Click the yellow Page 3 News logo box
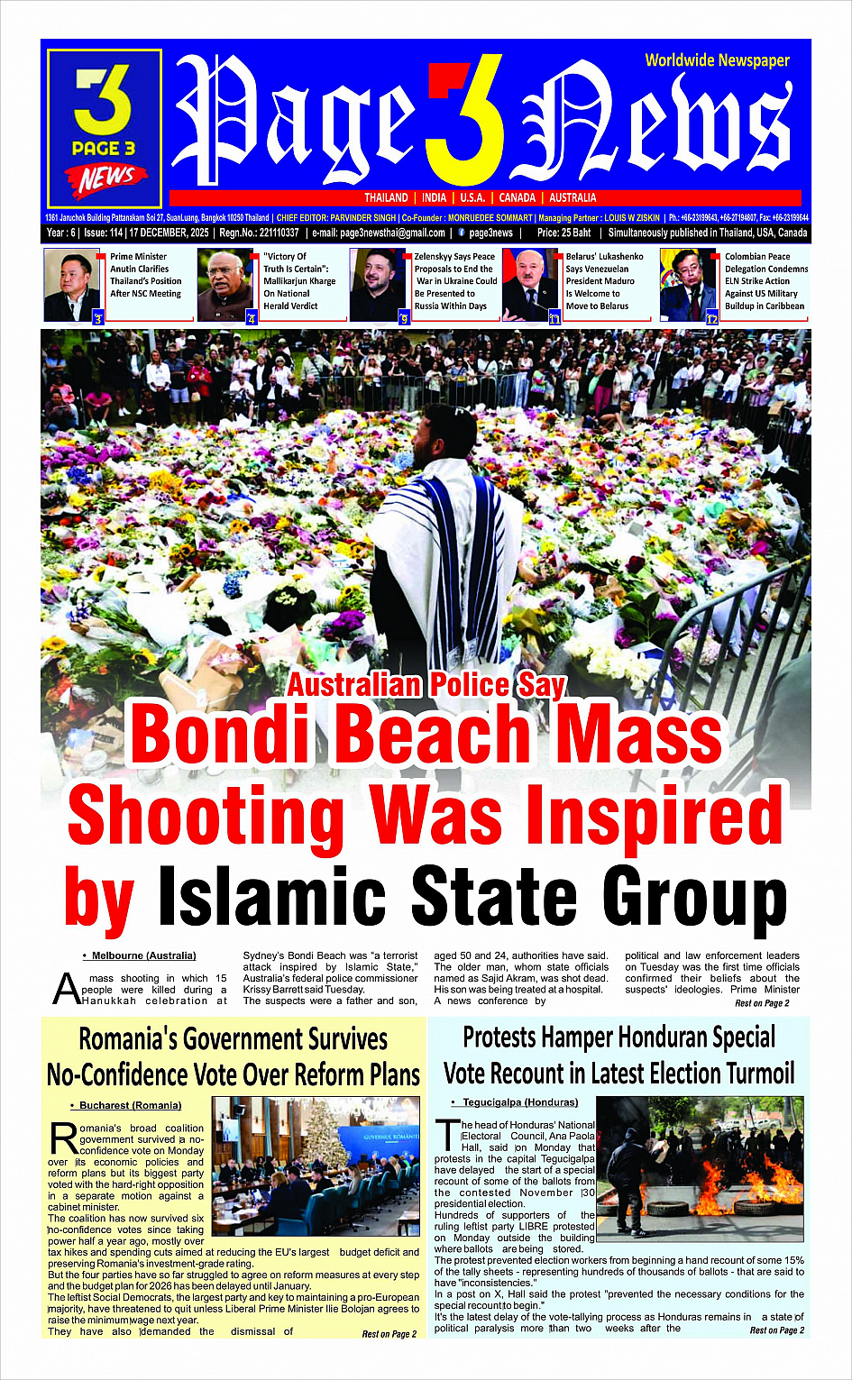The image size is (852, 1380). (x=104, y=129)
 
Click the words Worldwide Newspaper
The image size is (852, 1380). (x=717, y=60)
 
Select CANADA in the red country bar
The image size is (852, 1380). (x=518, y=197)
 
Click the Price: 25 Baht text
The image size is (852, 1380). (x=563, y=233)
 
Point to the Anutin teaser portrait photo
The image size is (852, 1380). (x=72, y=285)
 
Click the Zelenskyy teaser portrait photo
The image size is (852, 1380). (x=378, y=285)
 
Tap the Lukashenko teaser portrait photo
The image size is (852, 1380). (x=529, y=285)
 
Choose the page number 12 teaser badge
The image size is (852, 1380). (x=711, y=318)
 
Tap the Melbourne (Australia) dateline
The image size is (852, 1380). (x=143, y=955)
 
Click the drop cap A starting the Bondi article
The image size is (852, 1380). (x=66, y=989)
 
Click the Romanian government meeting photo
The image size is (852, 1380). (x=316, y=1165)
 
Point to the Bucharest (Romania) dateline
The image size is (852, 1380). (x=130, y=1105)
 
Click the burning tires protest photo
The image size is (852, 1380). (x=700, y=1169)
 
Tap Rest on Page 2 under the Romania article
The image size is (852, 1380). (x=389, y=1334)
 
